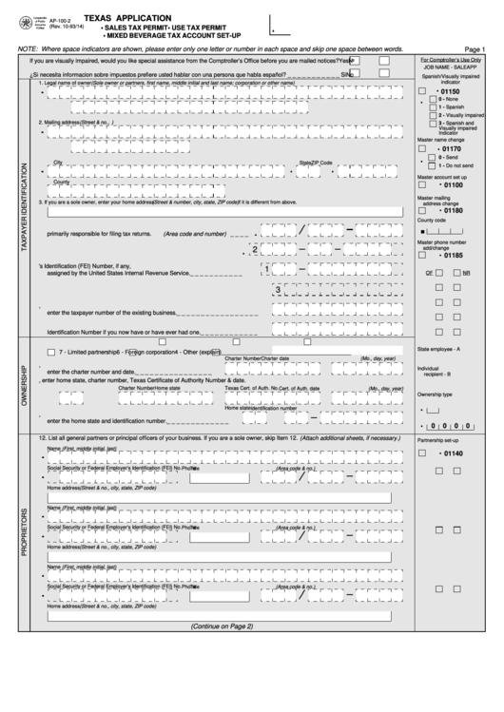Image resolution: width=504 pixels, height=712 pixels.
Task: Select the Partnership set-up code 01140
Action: pyautogui.click(x=450, y=453)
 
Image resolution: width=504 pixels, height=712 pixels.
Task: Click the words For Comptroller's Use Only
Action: pyautogui.click(x=451, y=59)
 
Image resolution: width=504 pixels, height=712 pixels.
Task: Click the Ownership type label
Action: pyautogui.click(x=436, y=394)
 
